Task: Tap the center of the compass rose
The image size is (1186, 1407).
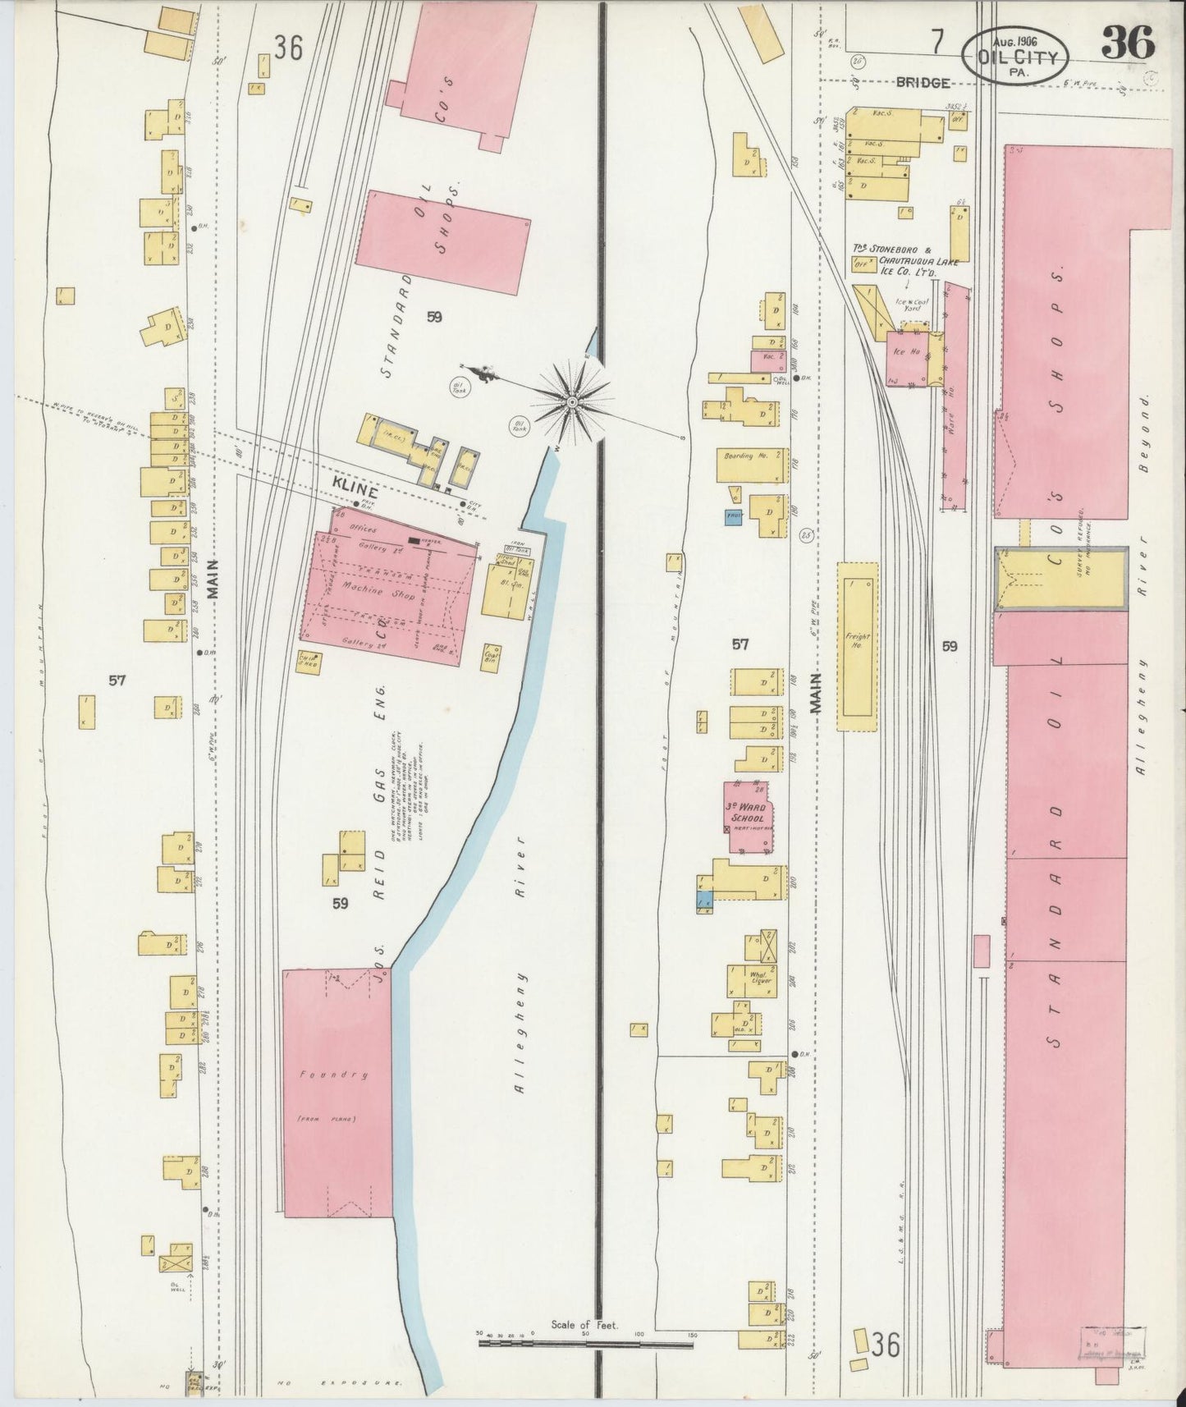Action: point(572,401)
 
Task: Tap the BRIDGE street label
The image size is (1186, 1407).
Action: point(923,82)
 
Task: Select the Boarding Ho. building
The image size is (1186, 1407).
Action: point(751,465)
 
